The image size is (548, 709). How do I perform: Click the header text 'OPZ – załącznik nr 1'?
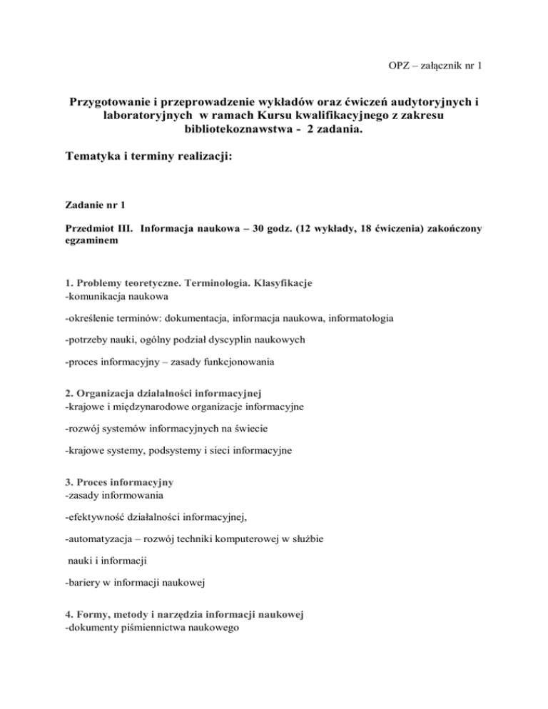pos(433,66)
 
